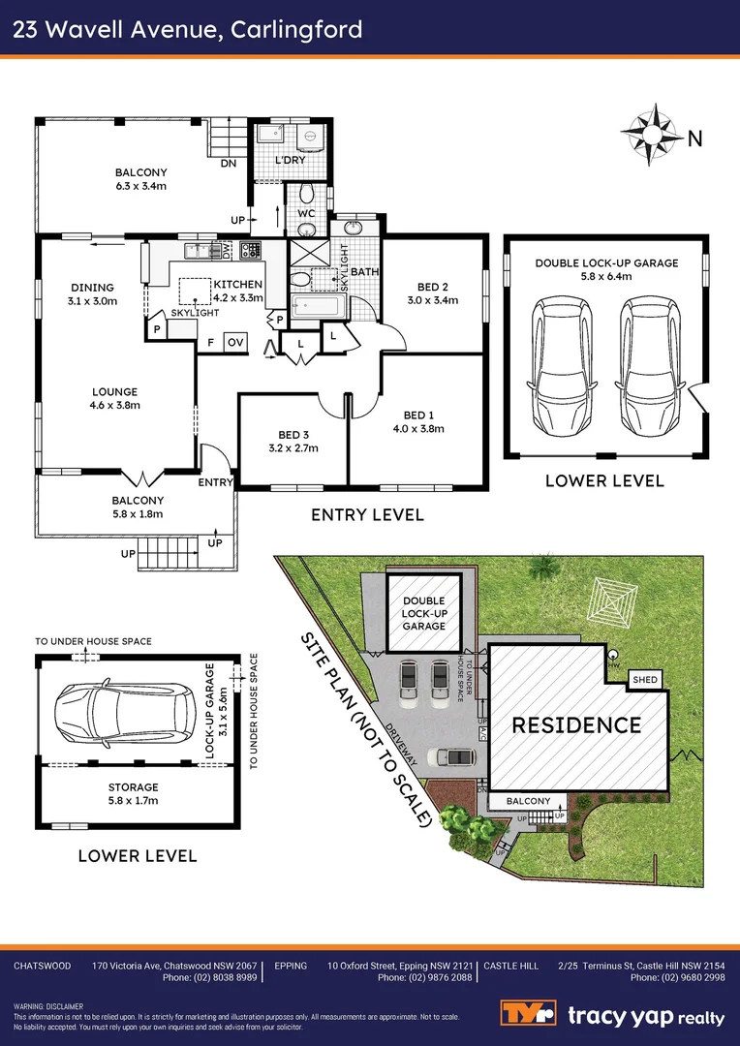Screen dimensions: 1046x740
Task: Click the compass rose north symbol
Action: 648,131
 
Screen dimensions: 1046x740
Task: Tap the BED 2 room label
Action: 432,286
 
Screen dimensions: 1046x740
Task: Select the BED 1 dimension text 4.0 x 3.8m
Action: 418,429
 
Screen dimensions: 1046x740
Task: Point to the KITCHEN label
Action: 237,284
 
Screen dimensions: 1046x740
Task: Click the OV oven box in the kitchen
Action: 234,342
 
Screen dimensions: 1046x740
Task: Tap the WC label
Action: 306,212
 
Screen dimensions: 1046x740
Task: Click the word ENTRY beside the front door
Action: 215,482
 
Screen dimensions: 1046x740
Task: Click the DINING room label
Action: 93,288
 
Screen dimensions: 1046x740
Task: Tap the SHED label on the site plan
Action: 645,680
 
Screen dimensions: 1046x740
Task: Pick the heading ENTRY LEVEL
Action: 367,515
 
